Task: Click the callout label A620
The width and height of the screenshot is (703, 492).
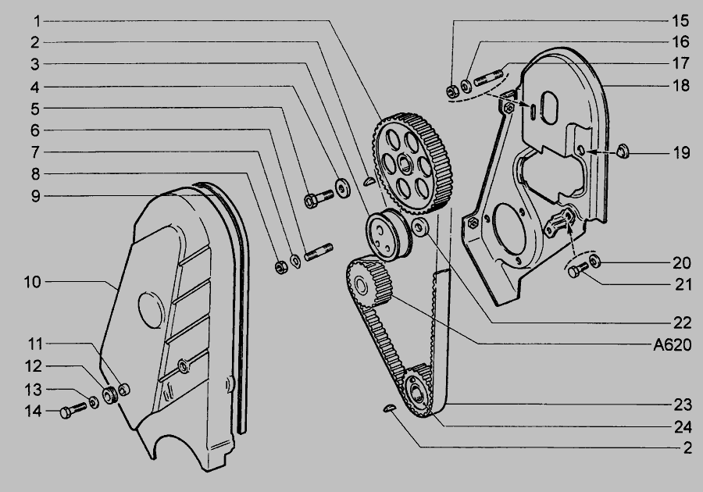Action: tap(672, 344)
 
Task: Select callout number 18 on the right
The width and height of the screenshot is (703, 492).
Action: tap(680, 85)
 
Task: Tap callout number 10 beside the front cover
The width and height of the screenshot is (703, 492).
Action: tap(32, 282)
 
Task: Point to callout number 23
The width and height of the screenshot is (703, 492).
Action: tap(683, 405)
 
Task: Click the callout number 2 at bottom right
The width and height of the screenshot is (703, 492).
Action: tap(687, 447)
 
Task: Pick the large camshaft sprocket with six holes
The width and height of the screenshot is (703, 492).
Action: tap(412, 163)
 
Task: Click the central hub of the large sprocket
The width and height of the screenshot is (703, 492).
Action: tap(405, 164)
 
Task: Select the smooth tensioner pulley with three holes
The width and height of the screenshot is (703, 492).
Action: tap(387, 234)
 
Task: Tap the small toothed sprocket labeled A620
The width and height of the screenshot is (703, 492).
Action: tap(369, 281)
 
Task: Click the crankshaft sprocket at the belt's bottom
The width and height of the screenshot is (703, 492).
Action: tap(417, 390)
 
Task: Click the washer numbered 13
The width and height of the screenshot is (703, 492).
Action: tap(94, 402)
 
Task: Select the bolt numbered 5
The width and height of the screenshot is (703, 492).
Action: tap(319, 198)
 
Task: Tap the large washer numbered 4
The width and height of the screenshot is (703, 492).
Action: tap(343, 187)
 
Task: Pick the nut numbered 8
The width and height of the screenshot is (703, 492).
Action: tap(281, 267)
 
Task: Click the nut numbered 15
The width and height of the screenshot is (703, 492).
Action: tap(452, 91)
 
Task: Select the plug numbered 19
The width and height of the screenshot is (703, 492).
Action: tap(623, 151)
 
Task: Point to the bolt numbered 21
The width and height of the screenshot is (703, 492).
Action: tap(578, 269)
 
